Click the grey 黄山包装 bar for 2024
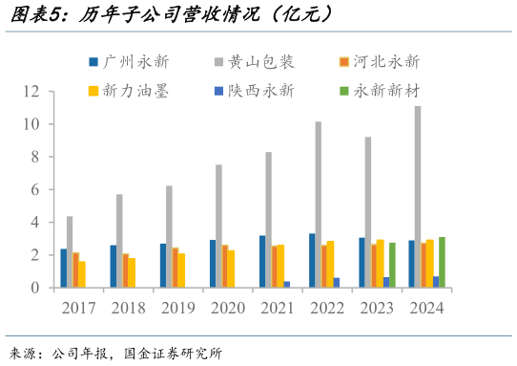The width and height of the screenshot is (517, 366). pyautogui.click(x=418, y=197)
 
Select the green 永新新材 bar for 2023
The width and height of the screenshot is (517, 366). pyautogui.click(x=392, y=265)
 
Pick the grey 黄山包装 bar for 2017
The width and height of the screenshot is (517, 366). pyautogui.click(x=70, y=251)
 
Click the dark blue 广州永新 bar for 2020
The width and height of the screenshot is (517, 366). pyautogui.click(x=213, y=264)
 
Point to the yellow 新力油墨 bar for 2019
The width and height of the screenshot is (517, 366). pyautogui.click(x=181, y=270)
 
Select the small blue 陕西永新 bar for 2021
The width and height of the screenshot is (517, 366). pyautogui.click(x=287, y=284)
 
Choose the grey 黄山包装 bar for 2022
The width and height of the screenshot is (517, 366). pyautogui.click(x=319, y=205)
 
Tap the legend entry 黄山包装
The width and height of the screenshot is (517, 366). pyautogui.click(x=261, y=62)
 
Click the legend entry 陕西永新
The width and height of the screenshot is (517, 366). pyautogui.click(x=261, y=91)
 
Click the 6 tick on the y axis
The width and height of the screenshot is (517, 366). pyautogui.click(x=35, y=190)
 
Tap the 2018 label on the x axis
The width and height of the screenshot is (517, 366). pyautogui.click(x=129, y=307)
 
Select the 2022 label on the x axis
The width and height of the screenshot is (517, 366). pyautogui.click(x=327, y=307)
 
